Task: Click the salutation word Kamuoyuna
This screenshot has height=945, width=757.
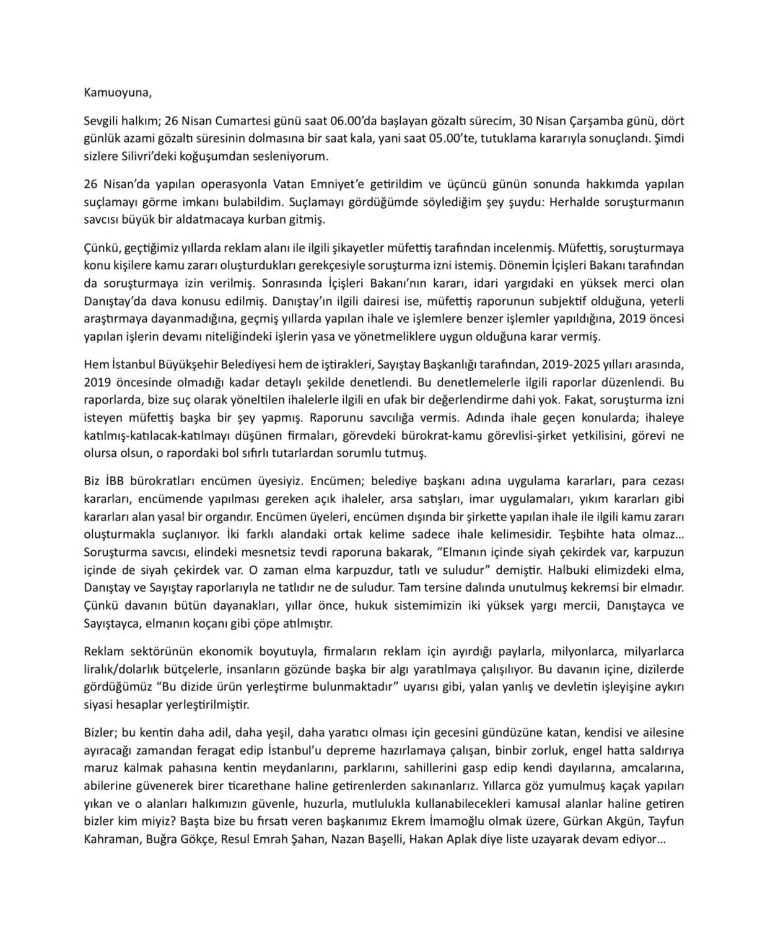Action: click(117, 94)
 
